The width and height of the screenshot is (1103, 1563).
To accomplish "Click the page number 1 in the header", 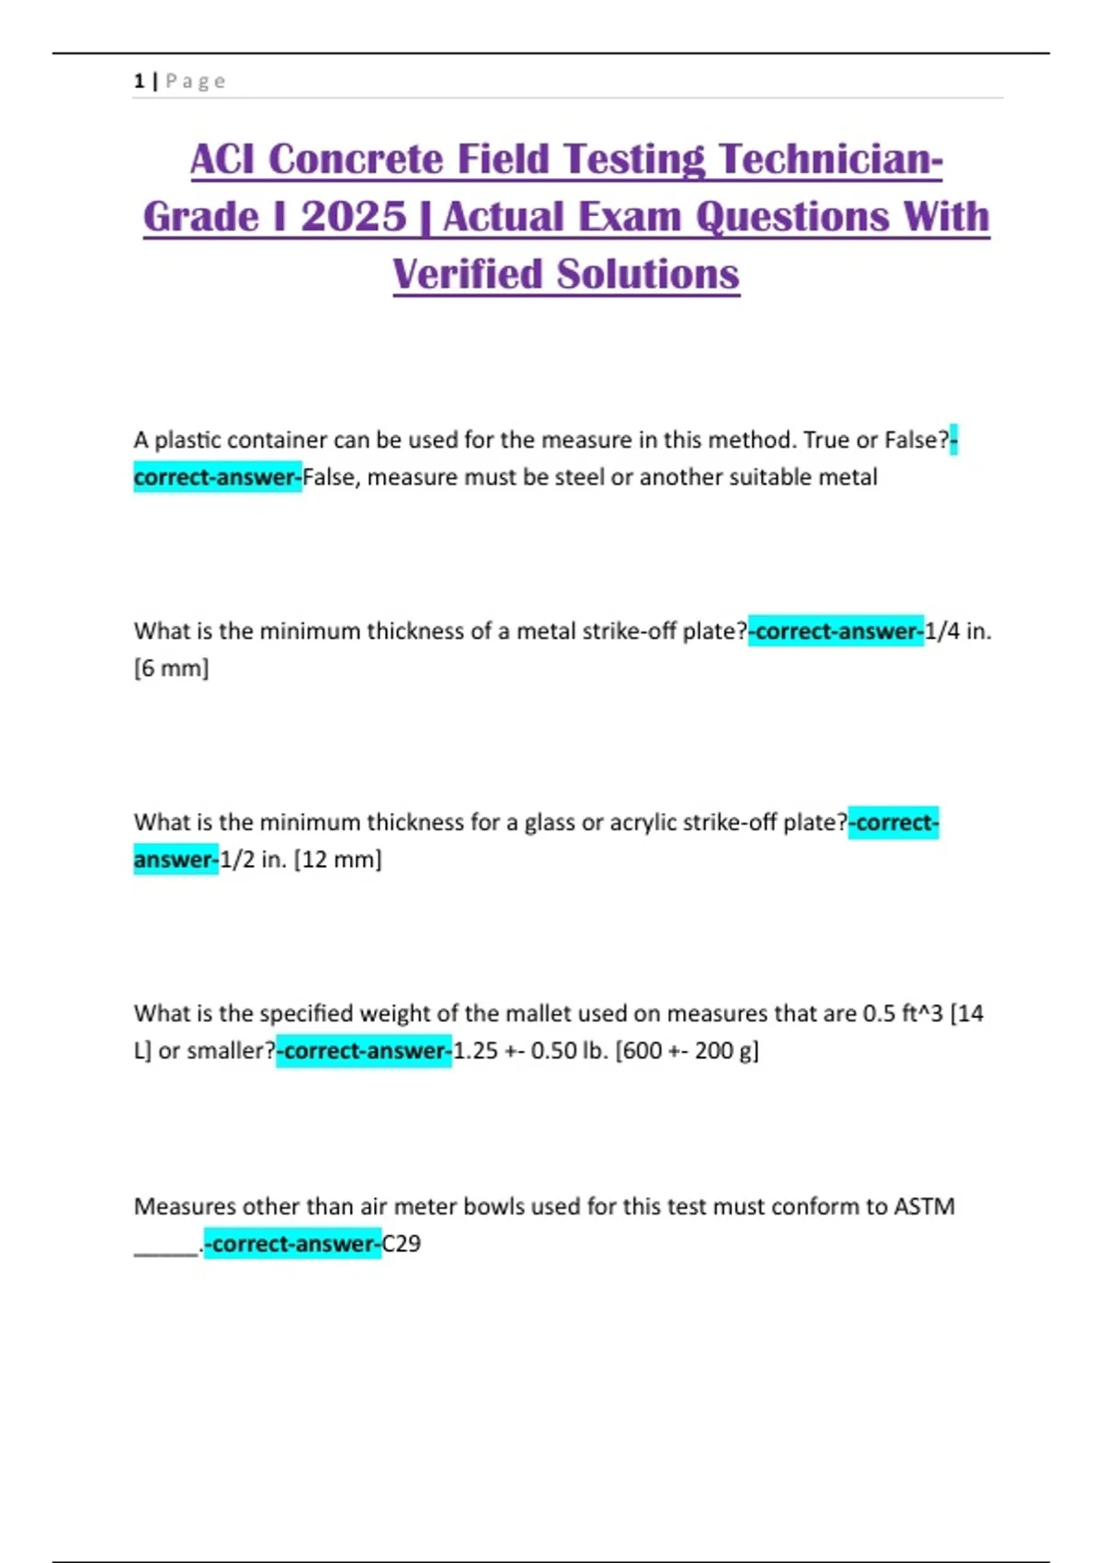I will click(139, 81).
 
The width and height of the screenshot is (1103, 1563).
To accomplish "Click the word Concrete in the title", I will click(356, 159).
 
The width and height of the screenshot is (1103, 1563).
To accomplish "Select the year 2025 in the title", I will click(353, 217).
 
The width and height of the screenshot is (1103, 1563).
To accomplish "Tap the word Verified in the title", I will click(467, 274).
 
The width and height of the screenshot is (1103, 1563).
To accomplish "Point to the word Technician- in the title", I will click(832, 159).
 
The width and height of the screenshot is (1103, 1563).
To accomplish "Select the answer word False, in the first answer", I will click(331, 477).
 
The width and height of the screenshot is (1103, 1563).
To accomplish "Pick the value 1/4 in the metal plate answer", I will click(942, 631).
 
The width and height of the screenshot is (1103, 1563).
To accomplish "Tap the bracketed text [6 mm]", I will click(172, 668).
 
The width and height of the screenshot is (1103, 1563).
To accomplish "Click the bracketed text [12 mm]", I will click(337, 860).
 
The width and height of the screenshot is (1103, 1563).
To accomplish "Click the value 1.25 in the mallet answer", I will click(475, 1051).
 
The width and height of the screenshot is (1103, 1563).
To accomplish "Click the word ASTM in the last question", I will click(924, 1206).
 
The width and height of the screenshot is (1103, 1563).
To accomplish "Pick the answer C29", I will click(402, 1244).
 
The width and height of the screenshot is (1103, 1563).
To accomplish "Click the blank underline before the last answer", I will click(166, 1249).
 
